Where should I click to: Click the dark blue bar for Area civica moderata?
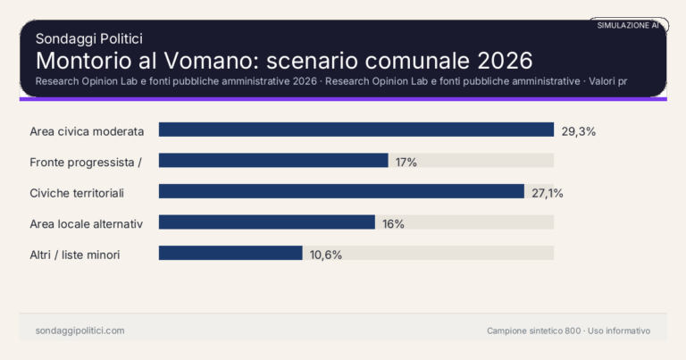click(x=356, y=130)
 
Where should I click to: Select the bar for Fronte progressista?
click(x=273, y=161)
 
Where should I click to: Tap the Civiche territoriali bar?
click(x=341, y=192)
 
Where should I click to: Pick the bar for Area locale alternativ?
click(x=267, y=222)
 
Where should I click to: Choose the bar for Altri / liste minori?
click(x=230, y=254)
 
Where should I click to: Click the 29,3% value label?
click(x=578, y=130)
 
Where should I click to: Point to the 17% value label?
click(x=406, y=162)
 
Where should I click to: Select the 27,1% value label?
click(x=548, y=192)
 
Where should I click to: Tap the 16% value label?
click(x=393, y=223)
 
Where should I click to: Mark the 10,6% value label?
click(x=326, y=255)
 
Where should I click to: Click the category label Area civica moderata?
click(x=87, y=131)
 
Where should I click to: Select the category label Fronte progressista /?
click(x=87, y=162)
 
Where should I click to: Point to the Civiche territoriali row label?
click(x=77, y=193)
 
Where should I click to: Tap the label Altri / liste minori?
click(x=75, y=255)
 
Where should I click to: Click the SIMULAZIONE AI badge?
click(x=628, y=26)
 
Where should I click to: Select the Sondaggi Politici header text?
click(x=89, y=38)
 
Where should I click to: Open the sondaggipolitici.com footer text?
click(x=80, y=331)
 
